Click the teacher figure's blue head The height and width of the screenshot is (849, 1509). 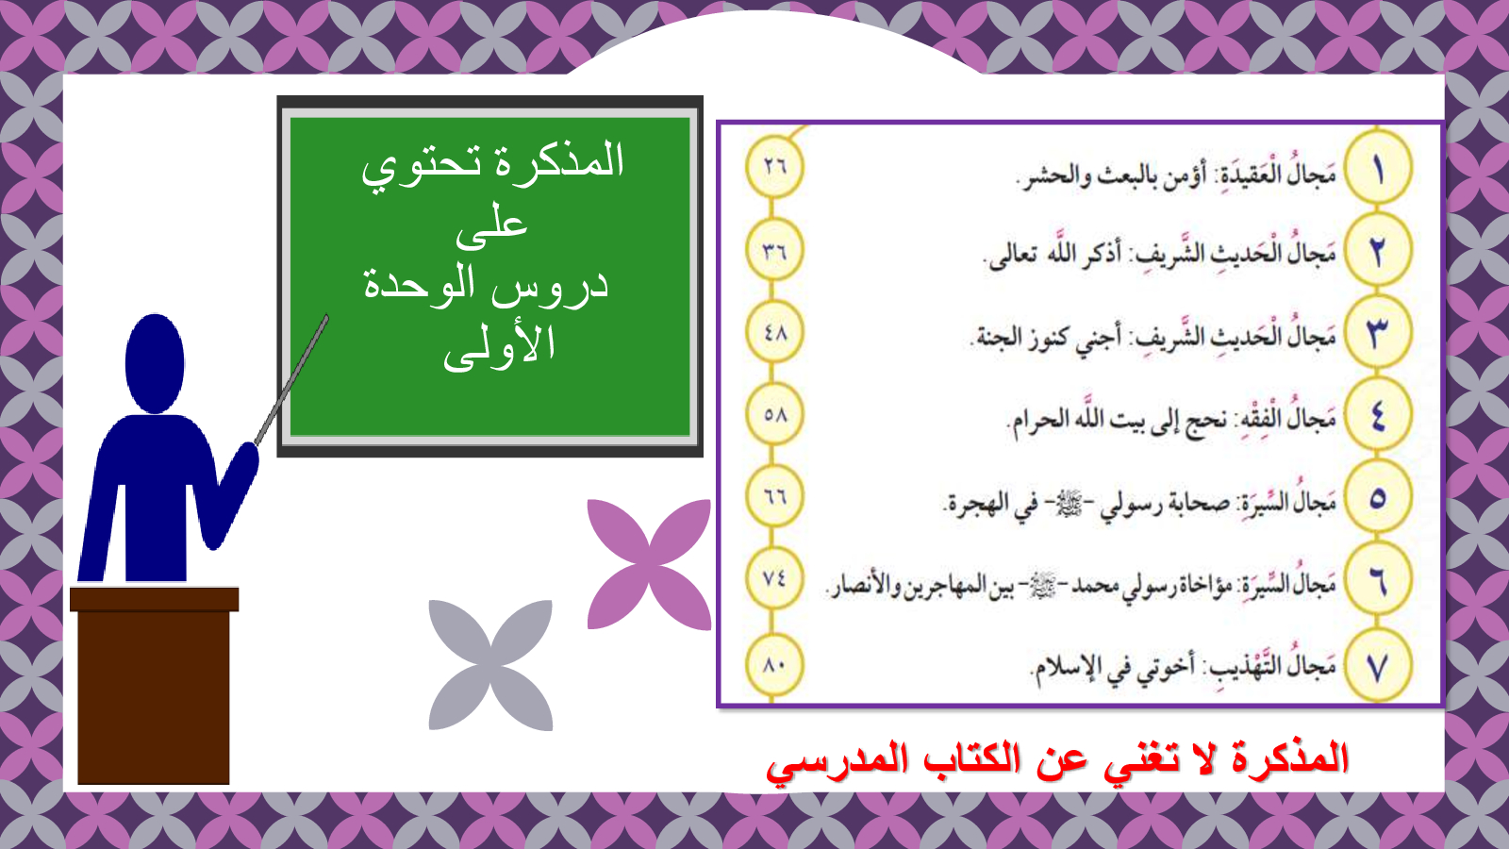(155, 364)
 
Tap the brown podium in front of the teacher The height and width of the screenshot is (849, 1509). (155, 686)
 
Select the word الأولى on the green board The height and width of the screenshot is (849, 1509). (499, 347)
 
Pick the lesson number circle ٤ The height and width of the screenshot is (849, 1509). (1378, 414)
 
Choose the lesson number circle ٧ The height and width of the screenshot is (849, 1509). (1378, 666)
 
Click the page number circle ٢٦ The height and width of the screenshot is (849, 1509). (774, 166)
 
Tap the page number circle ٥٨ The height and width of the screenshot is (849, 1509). (774, 414)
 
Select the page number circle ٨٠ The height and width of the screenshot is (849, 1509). (774, 664)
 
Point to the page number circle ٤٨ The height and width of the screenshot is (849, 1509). (774, 332)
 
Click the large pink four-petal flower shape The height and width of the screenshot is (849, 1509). (649, 565)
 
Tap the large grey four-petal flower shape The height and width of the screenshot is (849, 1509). (490, 665)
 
